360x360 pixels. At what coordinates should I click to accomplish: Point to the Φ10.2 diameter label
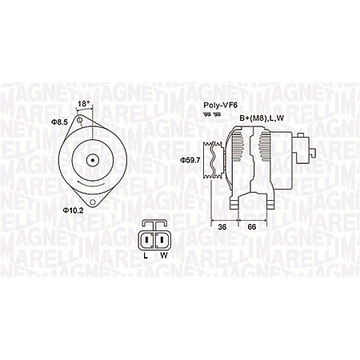click(74, 211)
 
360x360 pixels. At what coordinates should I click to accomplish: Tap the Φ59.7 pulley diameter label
click(190, 159)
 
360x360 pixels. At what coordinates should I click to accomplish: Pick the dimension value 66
click(253, 227)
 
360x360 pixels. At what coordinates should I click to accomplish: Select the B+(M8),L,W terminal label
click(259, 118)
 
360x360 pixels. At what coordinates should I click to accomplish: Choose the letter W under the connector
click(165, 256)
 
